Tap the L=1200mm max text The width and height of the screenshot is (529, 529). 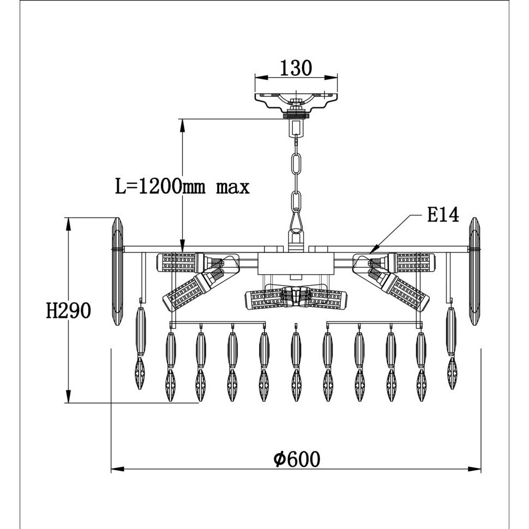tap(182, 187)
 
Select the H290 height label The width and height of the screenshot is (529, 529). tap(69, 310)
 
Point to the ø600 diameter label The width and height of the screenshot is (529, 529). tap(297, 459)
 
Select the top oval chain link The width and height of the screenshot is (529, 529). tap(296, 164)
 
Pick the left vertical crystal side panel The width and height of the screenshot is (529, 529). tap(117, 272)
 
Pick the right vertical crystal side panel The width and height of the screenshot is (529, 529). tap(474, 272)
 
